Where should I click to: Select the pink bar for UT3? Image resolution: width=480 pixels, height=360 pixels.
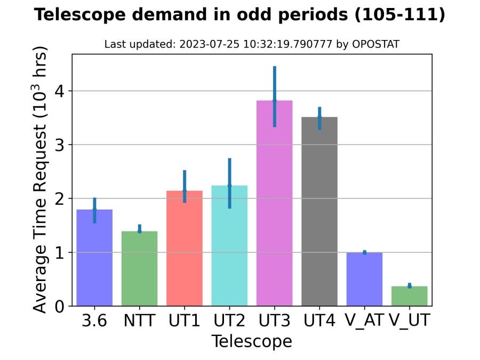(274, 213)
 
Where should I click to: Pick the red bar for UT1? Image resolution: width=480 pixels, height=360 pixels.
(185, 251)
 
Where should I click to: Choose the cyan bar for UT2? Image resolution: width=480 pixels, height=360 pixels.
(229, 251)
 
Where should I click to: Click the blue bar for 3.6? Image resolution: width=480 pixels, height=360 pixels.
(94, 261)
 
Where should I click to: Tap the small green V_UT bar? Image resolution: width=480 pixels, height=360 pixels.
(409, 296)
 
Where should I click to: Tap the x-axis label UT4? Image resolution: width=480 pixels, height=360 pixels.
(319, 321)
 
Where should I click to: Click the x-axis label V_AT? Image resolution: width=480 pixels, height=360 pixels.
(364, 321)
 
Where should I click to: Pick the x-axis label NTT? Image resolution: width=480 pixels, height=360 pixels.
(139, 321)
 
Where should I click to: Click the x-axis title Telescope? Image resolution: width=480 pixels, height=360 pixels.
(252, 341)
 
